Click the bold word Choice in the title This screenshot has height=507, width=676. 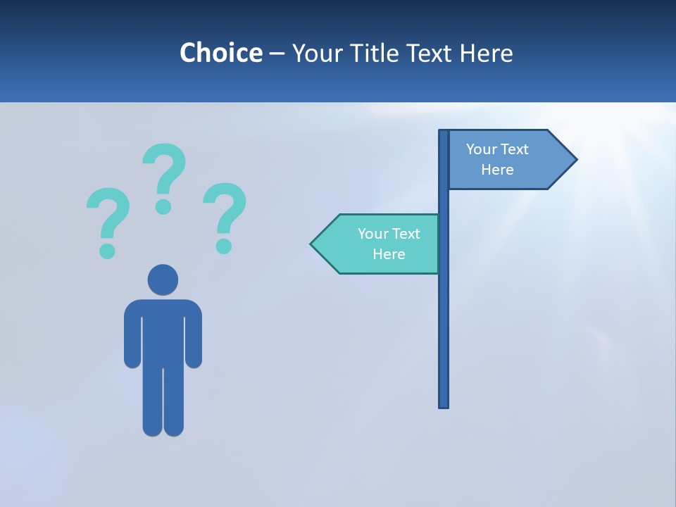pyautogui.click(x=220, y=53)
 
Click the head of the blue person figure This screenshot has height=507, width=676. pyautogui.click(x=163, y=280)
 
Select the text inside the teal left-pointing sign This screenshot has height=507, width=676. pyautogui.click(x=389, y=244)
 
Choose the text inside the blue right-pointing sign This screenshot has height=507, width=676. pyautogui.click(x=497, y=159)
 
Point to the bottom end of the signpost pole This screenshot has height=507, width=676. pyautogui.click(x=444, y=404)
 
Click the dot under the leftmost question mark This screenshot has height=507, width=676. pyautogui.click(x=107, y=250)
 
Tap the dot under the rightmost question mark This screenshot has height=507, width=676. pyautogui.click(x=224, y=245)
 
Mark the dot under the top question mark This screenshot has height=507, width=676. pyautogui.click(x=163, y=206)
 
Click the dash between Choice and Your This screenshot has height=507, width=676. pyautogui.click(x=277, y=54)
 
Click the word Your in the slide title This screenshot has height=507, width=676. pyautogui.click(x=315, y=53)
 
